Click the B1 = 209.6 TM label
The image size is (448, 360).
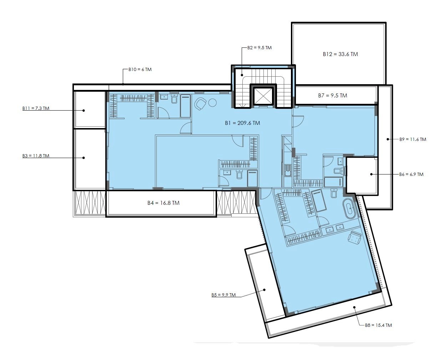point(242,123)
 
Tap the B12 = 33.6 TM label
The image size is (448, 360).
point(340,54)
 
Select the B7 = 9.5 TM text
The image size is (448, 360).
point(332,96)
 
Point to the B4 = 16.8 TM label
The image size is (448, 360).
point(163,203)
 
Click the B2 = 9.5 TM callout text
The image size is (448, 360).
point(260,48)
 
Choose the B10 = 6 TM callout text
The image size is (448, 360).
point(140,69)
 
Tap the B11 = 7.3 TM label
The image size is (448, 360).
point(36,108)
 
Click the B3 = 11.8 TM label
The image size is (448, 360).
point(36,156)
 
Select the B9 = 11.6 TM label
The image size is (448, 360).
point(413,139)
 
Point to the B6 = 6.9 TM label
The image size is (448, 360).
point(411,174)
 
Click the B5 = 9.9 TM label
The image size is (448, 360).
point(223,295)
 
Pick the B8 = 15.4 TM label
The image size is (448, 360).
point(378,325)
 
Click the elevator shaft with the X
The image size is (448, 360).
point(263,96)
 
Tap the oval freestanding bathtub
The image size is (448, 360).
point(348,208)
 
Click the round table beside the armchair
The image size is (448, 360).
point(212,103)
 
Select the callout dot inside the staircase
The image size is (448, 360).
point(242,75)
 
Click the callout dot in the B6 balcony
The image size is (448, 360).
point(371,174)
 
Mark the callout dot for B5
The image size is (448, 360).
point(265,290)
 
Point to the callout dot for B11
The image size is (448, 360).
point(84,110)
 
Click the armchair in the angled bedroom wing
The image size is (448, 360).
point(354,237)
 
